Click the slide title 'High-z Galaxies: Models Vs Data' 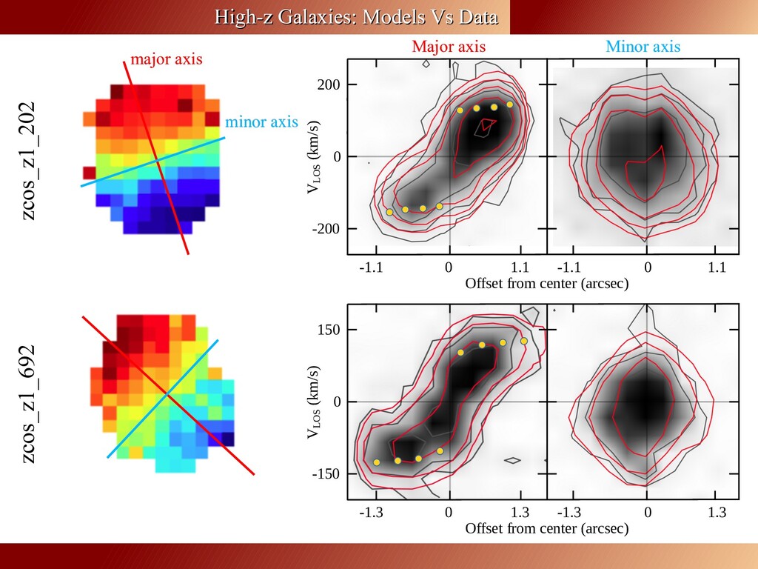(356, 17)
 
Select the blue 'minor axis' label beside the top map (261, 122)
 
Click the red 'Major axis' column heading (449, 47)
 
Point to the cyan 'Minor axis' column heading (643, 47)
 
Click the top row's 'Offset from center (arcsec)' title (546, 284)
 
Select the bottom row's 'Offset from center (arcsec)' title (546, 528)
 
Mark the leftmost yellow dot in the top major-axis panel (389, 213)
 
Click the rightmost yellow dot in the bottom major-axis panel (524, 341)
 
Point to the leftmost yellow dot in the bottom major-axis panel (377, 462)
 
